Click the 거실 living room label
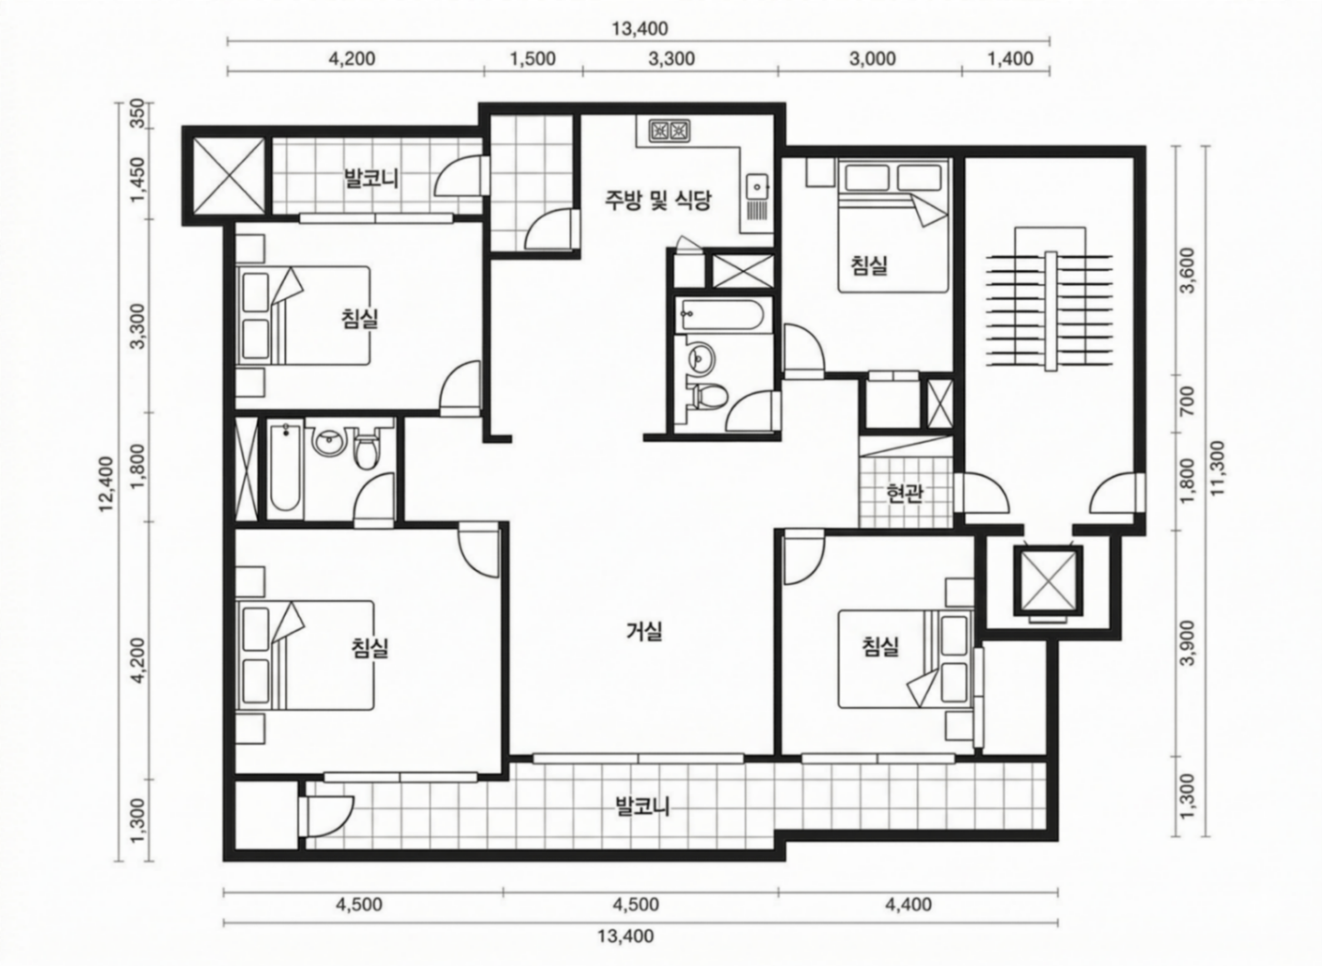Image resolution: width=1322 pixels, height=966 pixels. (x=644, y=631)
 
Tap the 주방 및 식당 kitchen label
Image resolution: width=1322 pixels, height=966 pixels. (x=658, y=201)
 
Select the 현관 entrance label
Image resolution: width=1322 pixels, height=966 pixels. (x=904, y=494)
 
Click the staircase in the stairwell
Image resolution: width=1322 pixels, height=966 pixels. (x=1050, y=310)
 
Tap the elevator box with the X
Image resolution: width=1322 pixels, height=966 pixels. (x=1048, y=580)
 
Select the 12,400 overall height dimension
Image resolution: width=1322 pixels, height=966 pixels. (x=106, y=483)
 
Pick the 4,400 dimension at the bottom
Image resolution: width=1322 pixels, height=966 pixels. (x=909, y=905)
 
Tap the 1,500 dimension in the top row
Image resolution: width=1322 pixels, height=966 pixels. (x=533, y=59)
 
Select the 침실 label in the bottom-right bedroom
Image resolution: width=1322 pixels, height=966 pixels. (x=881, y=646)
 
